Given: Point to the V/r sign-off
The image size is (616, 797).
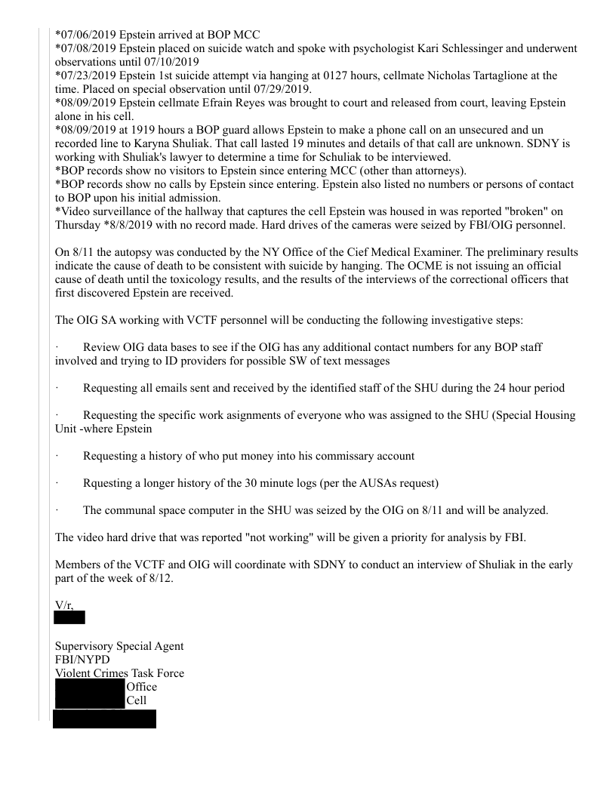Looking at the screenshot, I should (63, 605).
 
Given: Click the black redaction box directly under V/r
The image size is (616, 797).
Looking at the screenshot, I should (69, 618).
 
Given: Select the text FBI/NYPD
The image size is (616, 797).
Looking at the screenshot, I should (82, 660).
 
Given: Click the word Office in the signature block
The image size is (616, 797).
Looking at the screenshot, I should (142, 687).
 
